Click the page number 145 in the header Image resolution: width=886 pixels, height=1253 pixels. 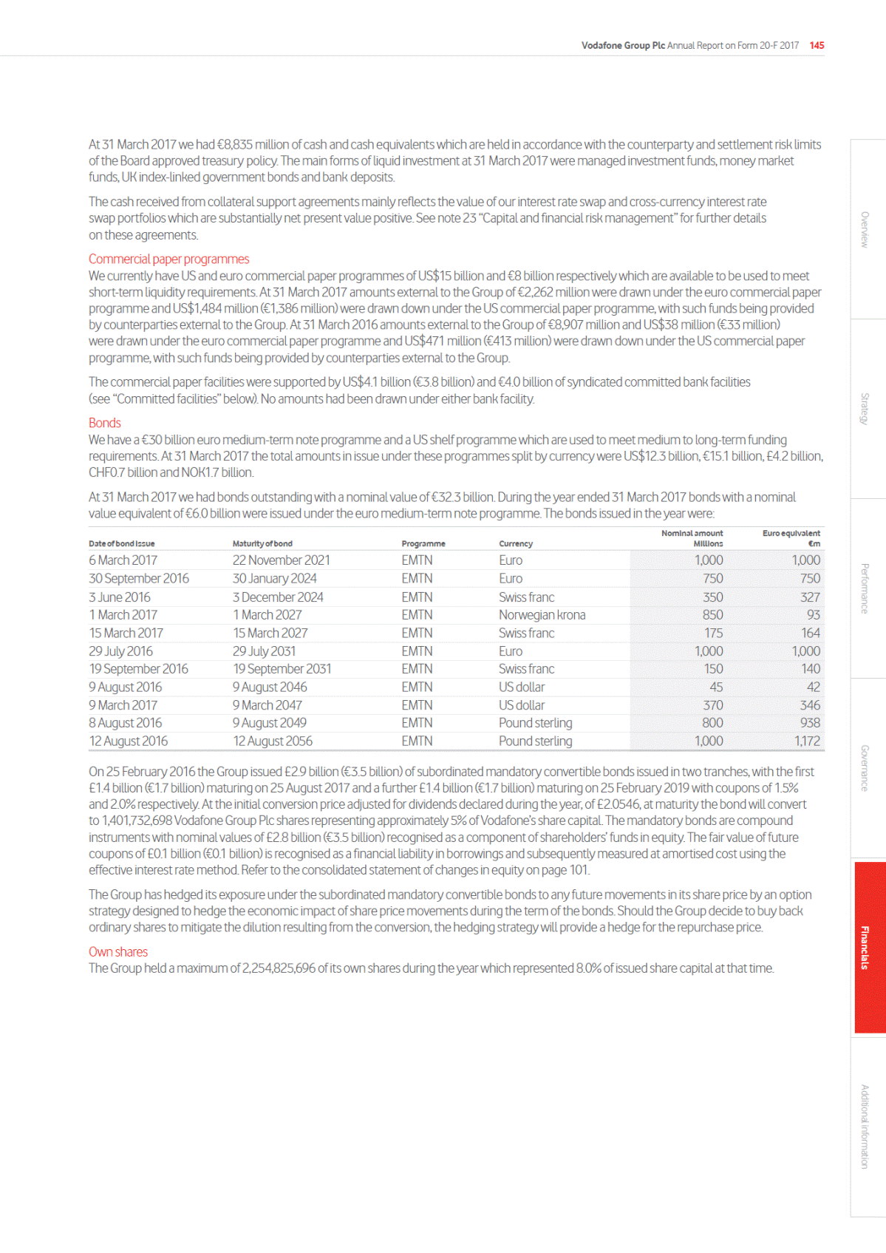point(817,45)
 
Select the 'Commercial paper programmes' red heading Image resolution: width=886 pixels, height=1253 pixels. point(168,259)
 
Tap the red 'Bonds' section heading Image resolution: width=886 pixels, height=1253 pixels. point(104,423)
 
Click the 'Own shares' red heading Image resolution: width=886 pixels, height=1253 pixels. point(118,951)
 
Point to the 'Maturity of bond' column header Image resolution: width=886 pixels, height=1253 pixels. point(262,543)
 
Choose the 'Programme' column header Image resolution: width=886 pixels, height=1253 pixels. point(423,543)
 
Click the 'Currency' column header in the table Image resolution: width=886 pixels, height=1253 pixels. point(516,543)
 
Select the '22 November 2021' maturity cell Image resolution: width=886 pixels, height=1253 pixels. point(282,560)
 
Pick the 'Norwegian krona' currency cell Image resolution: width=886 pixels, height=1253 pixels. point(542,614)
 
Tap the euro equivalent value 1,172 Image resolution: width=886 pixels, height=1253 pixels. point(807,741)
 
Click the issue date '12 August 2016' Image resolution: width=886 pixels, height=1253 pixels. point(129,741)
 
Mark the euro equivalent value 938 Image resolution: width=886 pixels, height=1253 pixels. point(810,723)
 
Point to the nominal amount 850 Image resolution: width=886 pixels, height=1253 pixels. point(712,614)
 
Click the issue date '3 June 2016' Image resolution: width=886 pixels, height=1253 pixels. point(120,597)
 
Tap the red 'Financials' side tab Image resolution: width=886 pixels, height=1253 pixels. point(865,947)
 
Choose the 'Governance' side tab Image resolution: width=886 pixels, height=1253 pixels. point(865,768)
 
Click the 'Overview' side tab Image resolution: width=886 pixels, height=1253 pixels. point(865,230)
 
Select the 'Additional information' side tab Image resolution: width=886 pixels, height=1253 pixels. point(865,1126)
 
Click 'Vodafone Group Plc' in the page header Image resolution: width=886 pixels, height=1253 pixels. point(623,45)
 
